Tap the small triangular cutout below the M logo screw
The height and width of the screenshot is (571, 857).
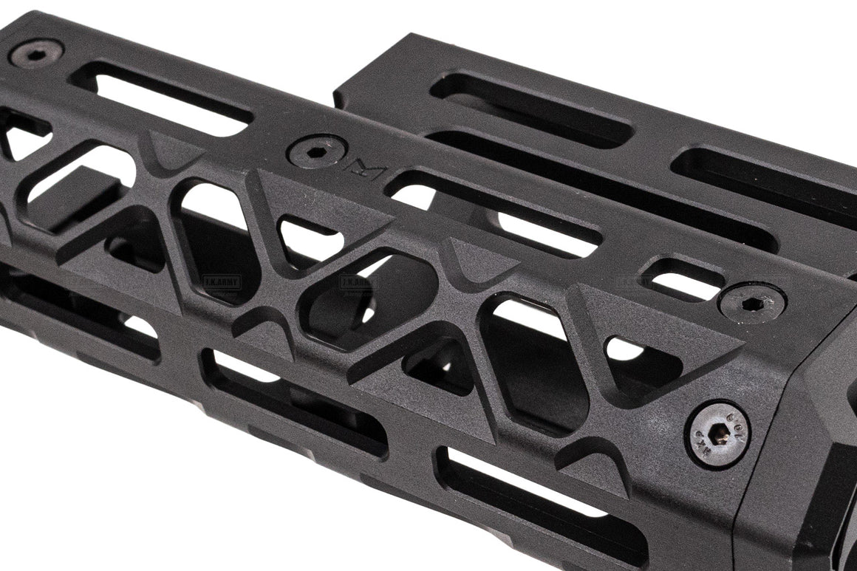coord(309,235)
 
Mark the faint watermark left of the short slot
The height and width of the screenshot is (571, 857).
coord(632,281)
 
